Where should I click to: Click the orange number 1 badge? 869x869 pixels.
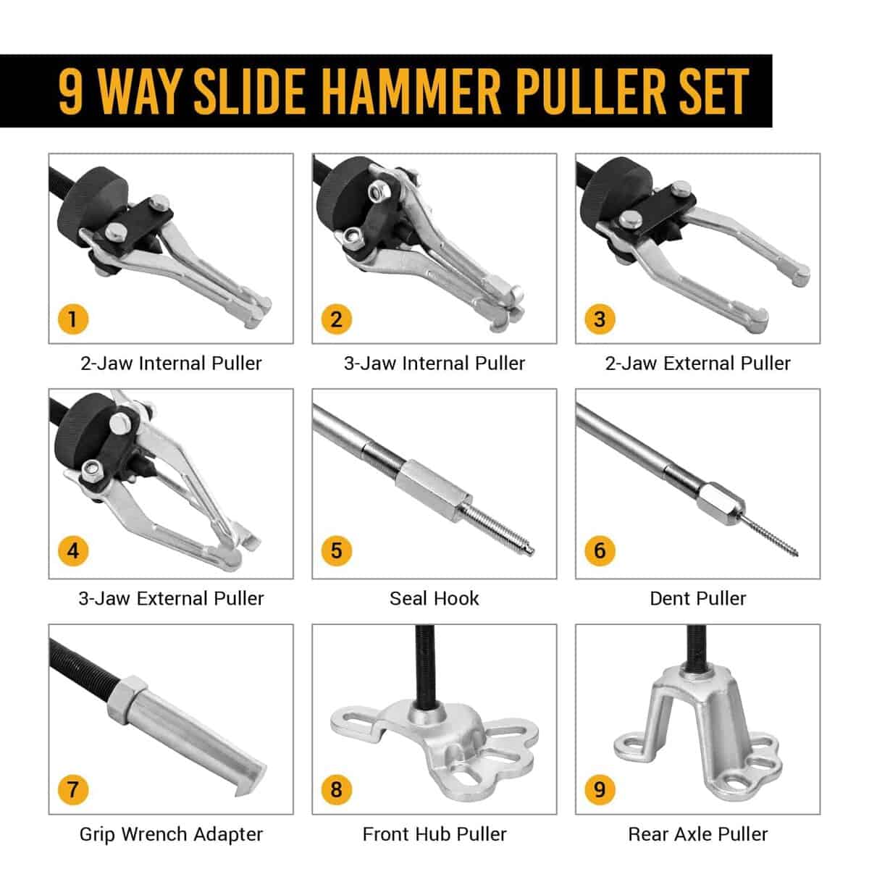pyautogui.click(x=73, y=319)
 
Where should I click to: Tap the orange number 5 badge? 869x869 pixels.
pyautogui.click(x=337, y=550)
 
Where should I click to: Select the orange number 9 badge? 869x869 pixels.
pyautogui.click(x=600, y=789)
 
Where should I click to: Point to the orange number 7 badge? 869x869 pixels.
pyautogui.click(x=73, y=789)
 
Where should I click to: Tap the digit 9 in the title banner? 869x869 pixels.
pyautogui.click(x=71, y=91)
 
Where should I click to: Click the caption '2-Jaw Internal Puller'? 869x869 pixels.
pyautogui.click(x=171, y=363)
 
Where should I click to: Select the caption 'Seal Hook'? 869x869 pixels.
pyautogui.click(x=434, y=598)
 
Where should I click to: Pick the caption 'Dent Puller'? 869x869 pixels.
pyautogui.click(x=697, y=598)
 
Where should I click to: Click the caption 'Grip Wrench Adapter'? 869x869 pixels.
pyautogui.click(x=171, y=834)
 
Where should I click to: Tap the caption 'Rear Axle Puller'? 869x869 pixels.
pyautogui.click(x=697, y=834)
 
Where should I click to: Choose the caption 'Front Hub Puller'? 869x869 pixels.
pyautogui.click(x=434, y=834)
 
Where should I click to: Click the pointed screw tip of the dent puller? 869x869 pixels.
pyautogui.click(x=796, y=554)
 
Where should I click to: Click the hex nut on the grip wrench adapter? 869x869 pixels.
pyautogui.click(x=127, y=698)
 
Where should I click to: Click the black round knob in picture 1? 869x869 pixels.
pyautogui.click(x=93, y=199)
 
